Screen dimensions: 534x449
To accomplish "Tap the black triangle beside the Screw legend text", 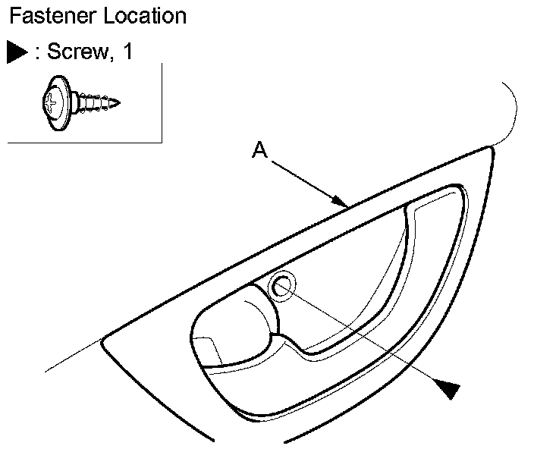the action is click(x=17, y=53).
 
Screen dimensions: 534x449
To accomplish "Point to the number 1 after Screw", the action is click(x=127, y=53).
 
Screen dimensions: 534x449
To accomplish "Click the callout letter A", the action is click(x=259, y=152).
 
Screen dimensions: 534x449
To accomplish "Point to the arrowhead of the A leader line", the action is click(x=343, y=203).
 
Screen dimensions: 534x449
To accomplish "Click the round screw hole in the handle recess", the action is click(x=282, y=287).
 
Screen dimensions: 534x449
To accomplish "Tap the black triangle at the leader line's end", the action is click(x=449, y=389).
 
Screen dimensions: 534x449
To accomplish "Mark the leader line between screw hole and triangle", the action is click(x=364, y=338).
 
